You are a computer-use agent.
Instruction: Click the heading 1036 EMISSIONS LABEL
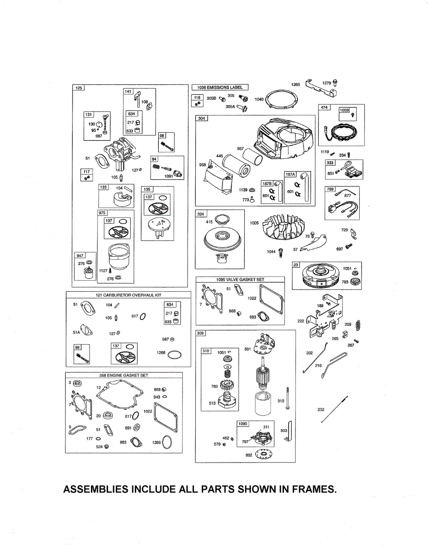(220, 87)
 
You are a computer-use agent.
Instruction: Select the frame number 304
(201, 118)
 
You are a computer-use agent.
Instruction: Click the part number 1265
(295, 84)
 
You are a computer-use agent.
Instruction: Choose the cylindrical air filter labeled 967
(251, 160)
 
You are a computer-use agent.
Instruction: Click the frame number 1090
(242, 424)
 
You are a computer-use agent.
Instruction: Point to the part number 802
(248, 455)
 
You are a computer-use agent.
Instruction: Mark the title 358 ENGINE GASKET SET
(124, 375)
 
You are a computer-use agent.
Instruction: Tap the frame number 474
(324, 108)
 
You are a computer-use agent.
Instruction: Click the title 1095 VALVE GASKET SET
(240, 280)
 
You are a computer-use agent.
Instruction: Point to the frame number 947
(80, 255)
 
